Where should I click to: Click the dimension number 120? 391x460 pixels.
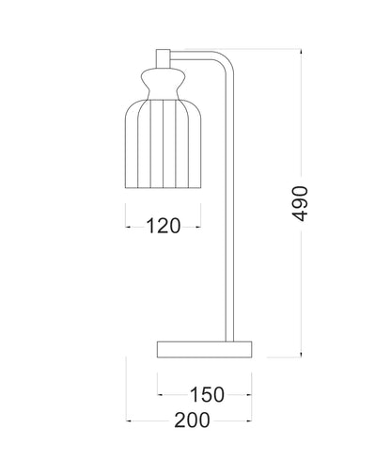click(163, 226)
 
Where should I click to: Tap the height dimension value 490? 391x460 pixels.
click(300, 202)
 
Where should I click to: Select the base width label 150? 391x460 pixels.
click(206, 393)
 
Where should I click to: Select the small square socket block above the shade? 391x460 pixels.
click(163, 58)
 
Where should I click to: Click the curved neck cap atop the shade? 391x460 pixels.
click(163, 79)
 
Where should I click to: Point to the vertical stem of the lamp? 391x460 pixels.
click(228, 216)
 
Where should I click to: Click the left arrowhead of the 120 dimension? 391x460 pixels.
click(127, 226)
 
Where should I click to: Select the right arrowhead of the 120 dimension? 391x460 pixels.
click(198, 226)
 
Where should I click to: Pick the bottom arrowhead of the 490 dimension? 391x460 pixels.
click(300, 357)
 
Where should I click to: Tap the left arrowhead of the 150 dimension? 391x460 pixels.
click(159, 393)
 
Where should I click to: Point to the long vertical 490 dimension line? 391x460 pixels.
click(300, 282)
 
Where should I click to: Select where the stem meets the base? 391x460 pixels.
click(228, 341)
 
